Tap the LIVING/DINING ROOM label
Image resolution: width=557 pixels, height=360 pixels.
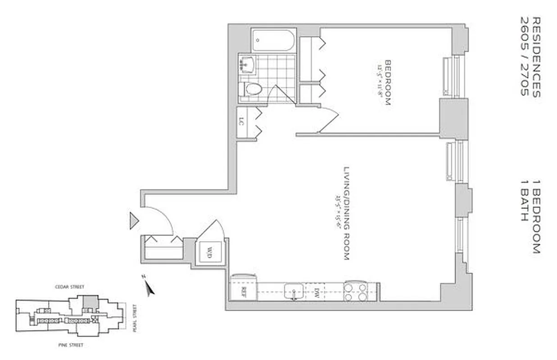(347, 213)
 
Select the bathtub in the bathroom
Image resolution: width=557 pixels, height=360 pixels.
(273, 40)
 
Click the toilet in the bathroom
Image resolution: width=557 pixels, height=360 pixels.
(252, 89)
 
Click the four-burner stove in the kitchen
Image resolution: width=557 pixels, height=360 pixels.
(355, 291)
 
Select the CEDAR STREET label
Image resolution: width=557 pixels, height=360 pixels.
(69, 287)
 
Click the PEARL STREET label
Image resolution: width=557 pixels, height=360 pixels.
(134, 318)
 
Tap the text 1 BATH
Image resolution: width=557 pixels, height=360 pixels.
(524, 201)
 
